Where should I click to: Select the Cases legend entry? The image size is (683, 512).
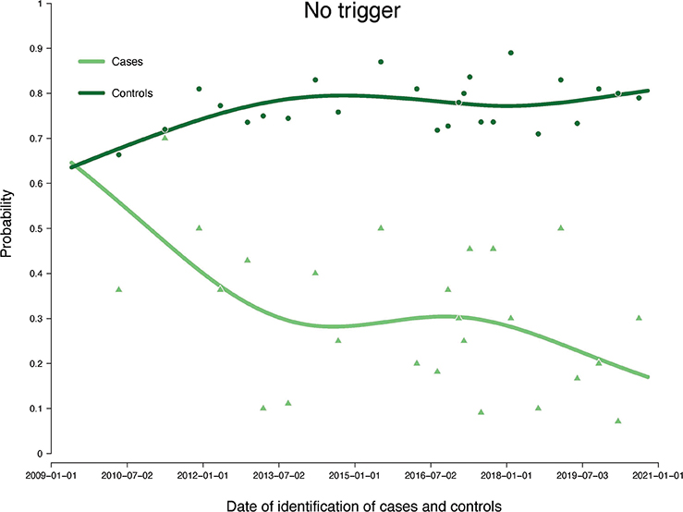130,62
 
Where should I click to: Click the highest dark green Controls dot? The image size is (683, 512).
510,53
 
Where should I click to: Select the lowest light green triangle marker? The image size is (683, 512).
617,421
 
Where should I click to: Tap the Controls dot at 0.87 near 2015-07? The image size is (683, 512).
381,62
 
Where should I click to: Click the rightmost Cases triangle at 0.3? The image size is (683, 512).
639,318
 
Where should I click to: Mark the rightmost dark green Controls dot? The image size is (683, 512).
639,98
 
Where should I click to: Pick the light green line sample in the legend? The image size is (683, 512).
91,62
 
